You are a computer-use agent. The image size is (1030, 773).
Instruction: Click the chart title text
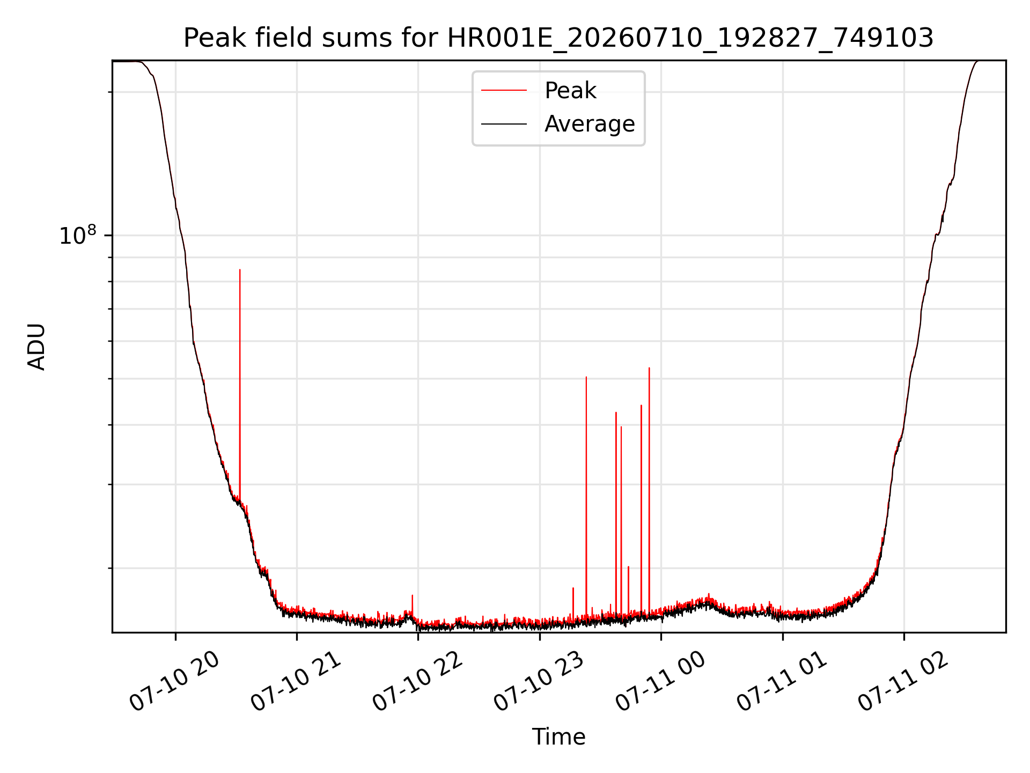(x=558, y=38)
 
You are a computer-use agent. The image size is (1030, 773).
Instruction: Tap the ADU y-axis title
(x=36, y=346)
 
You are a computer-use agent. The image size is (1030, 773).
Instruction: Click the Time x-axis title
(x=558, y=736)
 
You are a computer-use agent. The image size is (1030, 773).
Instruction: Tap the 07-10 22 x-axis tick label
(x=418, y=682)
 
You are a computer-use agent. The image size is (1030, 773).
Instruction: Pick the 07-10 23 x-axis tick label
(x=539, y=682)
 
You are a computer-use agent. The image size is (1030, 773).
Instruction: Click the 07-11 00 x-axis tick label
(x=661, y=682)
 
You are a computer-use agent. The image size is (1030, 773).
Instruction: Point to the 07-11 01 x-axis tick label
(x=782, y=682)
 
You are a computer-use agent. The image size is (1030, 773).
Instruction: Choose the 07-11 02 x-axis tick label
(x=904, y=682)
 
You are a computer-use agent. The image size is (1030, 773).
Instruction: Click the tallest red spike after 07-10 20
(x=240, y=270)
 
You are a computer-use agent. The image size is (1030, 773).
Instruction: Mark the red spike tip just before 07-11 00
(x=649, y=368)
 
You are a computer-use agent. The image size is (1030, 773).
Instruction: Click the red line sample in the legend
(x=504, y=91)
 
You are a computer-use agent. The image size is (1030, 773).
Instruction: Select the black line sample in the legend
(x=504, y=124)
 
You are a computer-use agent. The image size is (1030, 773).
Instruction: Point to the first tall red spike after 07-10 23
(x=586, y=377)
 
